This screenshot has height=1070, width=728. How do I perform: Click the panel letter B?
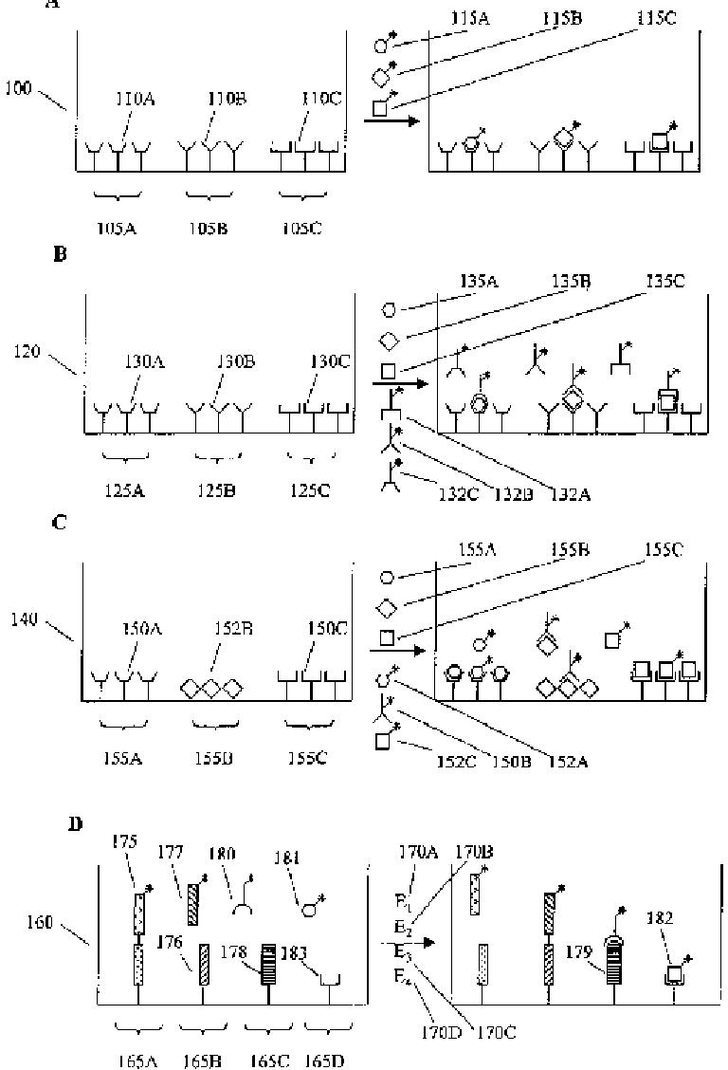click(60, 255)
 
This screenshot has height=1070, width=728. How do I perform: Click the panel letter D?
click(76, 824)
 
